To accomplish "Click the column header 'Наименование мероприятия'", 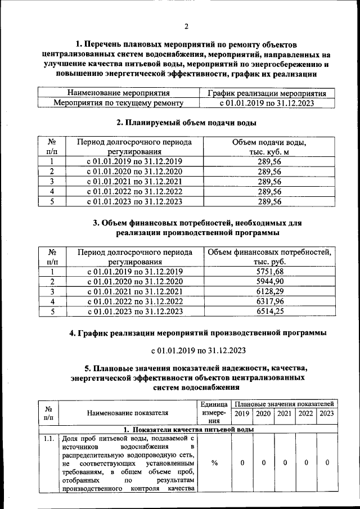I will pos(119,93).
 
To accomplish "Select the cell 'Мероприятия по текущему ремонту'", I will pos(119,103).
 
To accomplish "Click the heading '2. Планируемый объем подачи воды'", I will pos(186,122).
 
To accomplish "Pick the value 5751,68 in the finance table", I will pos(269,272).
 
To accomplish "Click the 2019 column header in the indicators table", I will pos(241,413).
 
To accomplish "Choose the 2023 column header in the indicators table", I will pos(326,413).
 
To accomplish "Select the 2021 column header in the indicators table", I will pos(284,413).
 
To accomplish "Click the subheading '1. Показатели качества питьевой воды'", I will pos(188,429).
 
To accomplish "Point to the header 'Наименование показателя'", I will pos(128,413).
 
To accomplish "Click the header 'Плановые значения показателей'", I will pos(284,404).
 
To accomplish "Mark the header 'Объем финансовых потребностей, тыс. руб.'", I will pos(269,257).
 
